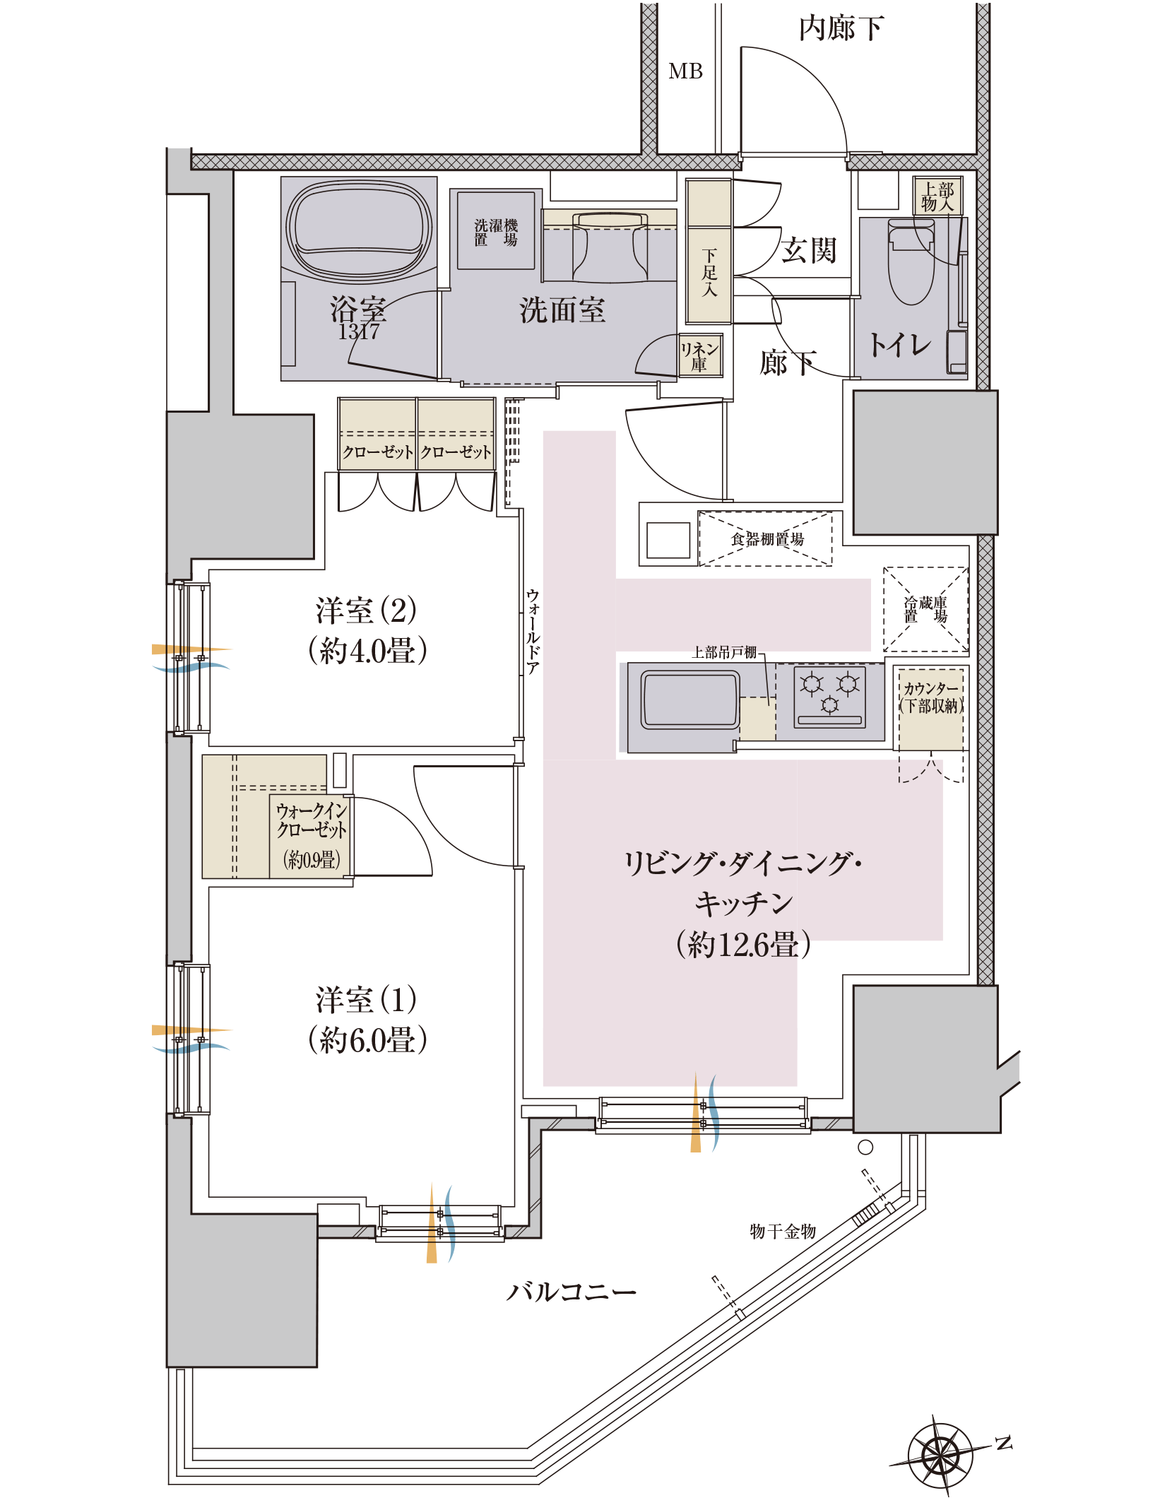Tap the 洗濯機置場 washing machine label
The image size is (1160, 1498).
pos(496,232)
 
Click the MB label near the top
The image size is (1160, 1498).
pos(685,71)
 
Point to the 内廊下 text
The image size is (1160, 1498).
pos(841,28)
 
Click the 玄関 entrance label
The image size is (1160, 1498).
pos(810,250)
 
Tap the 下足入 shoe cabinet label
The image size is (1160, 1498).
pos(709,272)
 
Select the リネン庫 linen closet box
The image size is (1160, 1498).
pos(700,355)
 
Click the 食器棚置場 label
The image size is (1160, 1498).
pos(767,539)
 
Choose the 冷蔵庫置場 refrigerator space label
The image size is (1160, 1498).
pos(925,609)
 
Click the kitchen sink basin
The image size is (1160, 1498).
pos(690,700)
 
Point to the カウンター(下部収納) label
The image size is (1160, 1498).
pos(931,697)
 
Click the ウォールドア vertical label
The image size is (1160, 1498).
pos(533,631)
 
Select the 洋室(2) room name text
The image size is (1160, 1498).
pos(366,610)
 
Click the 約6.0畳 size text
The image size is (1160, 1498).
pos(367,1039)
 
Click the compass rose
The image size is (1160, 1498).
pos(941,1456)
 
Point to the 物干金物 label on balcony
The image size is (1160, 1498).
pos(783,1232)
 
